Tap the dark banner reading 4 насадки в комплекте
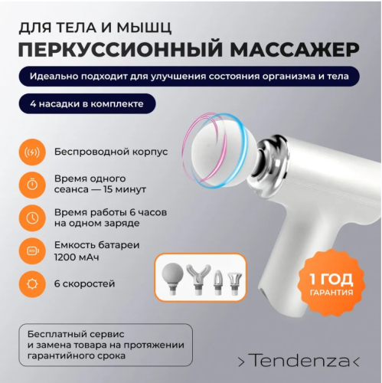coord(88,103)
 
